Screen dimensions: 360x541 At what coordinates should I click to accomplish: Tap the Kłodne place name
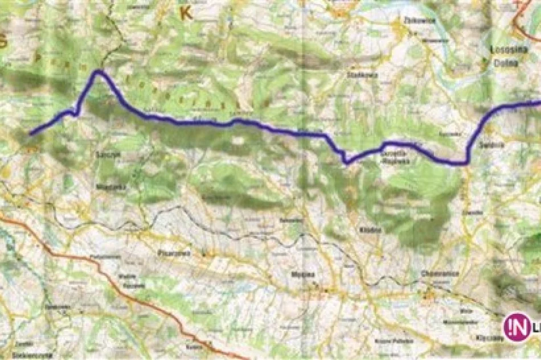366,228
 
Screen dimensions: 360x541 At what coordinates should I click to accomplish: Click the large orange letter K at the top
185,14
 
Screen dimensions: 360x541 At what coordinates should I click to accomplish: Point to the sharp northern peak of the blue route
99,72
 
